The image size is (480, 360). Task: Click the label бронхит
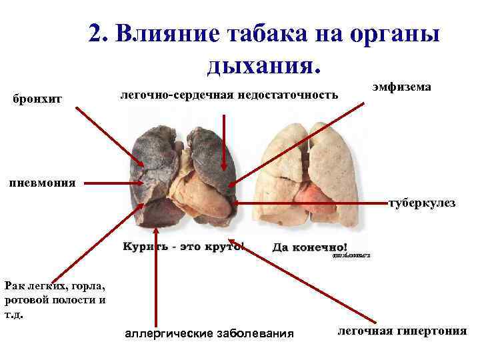click(37, 99)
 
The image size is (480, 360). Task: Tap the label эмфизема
click(401, 87)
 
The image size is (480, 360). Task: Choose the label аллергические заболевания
click(209, 333)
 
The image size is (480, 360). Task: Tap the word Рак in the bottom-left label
click(15, 285)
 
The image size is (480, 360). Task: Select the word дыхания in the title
click(263, 65)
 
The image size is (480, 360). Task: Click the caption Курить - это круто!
click(183, 247)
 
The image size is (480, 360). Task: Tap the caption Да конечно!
click(309, 247)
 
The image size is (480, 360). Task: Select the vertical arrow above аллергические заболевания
click(155, 280)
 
